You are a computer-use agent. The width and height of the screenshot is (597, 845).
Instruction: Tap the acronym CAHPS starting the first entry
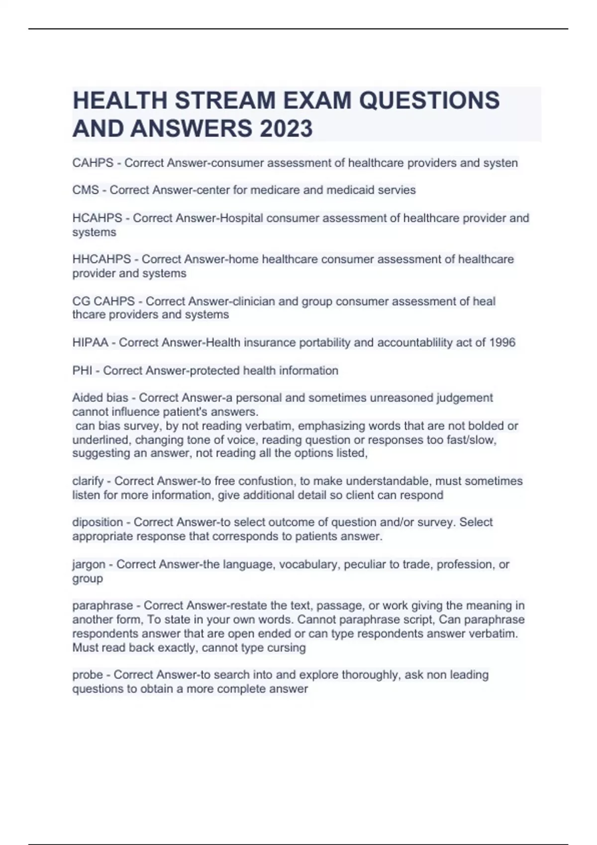click(93, 163)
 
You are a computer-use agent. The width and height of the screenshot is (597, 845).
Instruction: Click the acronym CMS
click(86, 190)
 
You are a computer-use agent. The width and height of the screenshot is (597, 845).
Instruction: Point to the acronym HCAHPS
click(97, 218)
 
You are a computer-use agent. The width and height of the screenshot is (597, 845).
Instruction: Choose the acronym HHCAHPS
click(101, 259)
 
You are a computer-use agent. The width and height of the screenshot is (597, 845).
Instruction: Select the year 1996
click(502, 342)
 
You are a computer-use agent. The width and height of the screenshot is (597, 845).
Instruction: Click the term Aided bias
click(100, 398)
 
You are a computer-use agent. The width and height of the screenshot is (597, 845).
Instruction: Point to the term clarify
click(88, 481)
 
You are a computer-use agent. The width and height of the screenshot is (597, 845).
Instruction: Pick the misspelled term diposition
click(98, 522)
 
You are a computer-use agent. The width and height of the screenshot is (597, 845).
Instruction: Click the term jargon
click(89, 565)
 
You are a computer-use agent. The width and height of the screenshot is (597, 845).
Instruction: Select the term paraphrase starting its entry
click(102, 606)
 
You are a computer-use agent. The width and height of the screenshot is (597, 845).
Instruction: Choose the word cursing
click(287, 648)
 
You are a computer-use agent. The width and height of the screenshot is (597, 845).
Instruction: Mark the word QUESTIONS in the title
click(429, 100)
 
